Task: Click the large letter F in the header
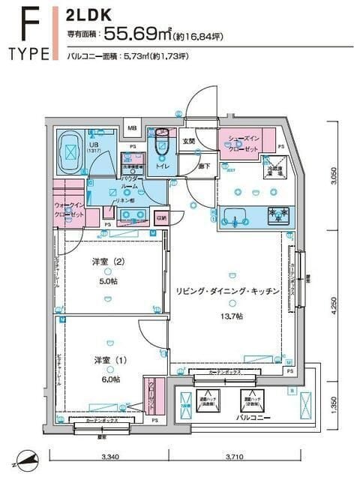click(28, 24)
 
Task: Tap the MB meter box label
click(132, 128)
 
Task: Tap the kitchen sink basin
click(234, 219)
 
